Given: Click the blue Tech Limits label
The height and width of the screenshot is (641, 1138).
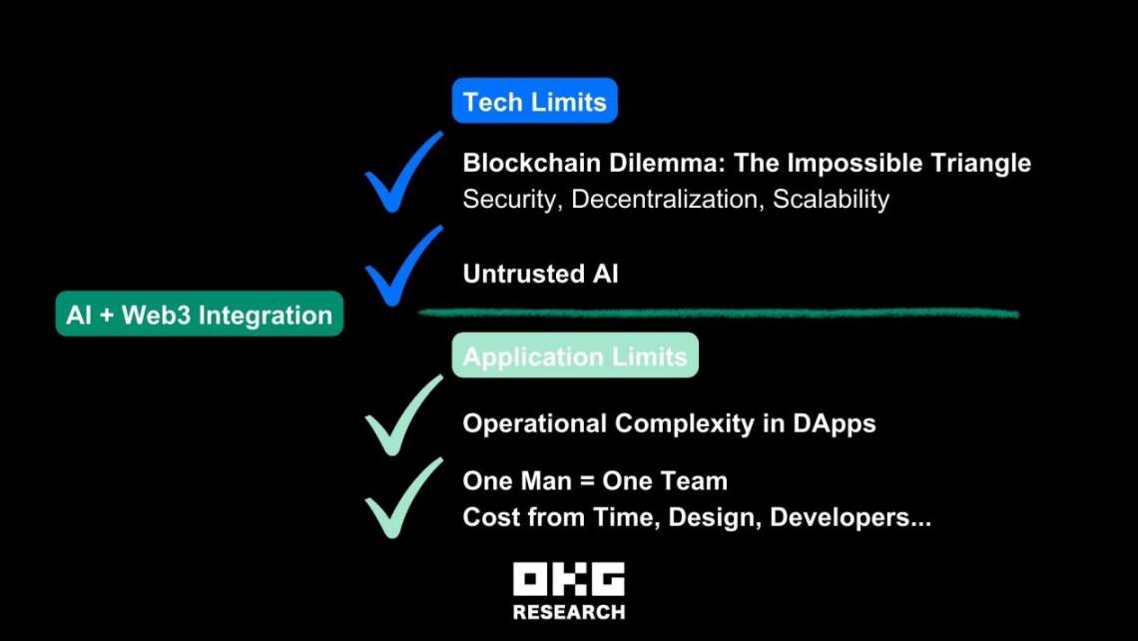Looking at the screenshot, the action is click(535, 100).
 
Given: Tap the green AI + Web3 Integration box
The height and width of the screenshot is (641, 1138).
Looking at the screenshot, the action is click(200, 314).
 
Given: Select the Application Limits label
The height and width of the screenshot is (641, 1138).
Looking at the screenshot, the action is click(575, 355).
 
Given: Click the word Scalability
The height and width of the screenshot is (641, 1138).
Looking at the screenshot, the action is click(831, 200).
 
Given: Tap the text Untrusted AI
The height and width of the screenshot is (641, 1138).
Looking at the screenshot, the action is click(541, 274).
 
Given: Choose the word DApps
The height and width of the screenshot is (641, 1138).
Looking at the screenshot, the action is click(834, 424).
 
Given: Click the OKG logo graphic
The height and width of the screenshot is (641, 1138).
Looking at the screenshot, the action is click(569, 579).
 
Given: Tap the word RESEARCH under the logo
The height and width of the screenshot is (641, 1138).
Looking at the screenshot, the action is click(569, 612).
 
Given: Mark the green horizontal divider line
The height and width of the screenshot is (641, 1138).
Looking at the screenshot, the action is click(719, 313).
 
